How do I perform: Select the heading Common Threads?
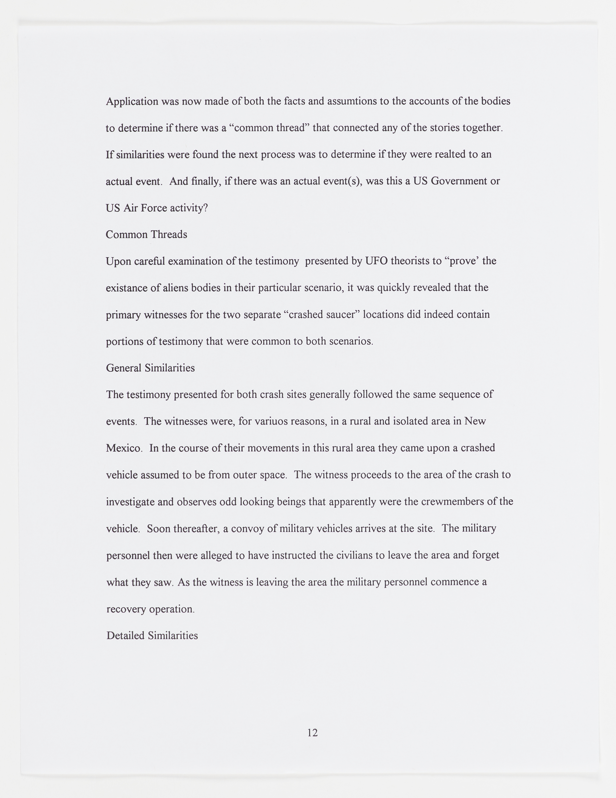(146, 235)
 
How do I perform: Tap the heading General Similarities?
(150, 368)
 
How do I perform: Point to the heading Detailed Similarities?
(152, 636)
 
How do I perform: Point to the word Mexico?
(123, 448)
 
